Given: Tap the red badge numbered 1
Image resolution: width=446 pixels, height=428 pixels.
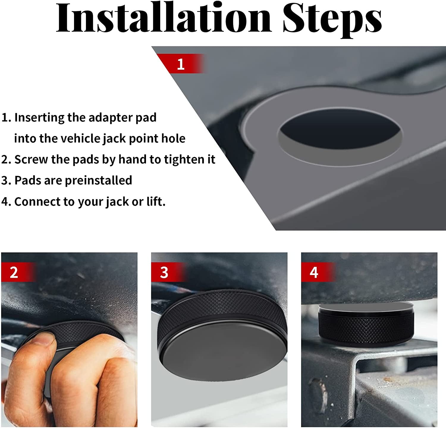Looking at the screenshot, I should click(180, 64).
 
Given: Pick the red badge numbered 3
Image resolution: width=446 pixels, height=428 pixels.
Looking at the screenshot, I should click(164, 272).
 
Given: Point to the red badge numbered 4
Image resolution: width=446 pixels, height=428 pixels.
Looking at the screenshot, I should click(314, 272).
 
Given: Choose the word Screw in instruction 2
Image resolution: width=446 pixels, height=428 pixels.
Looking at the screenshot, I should click(31, 159).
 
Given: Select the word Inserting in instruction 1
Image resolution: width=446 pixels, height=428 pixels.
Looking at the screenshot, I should click(39, 118).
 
